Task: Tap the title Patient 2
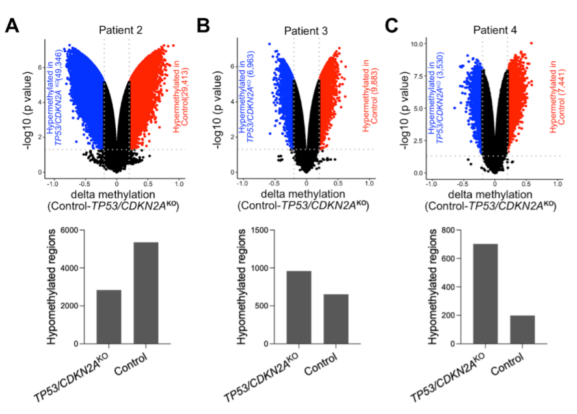click(120, 30)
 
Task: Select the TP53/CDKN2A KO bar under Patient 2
click(109, 316)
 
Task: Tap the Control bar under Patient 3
click(336, 319)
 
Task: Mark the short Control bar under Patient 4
click(522, 329)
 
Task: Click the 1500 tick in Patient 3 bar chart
click(258, 230)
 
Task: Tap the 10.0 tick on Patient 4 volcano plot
click(417, 44)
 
